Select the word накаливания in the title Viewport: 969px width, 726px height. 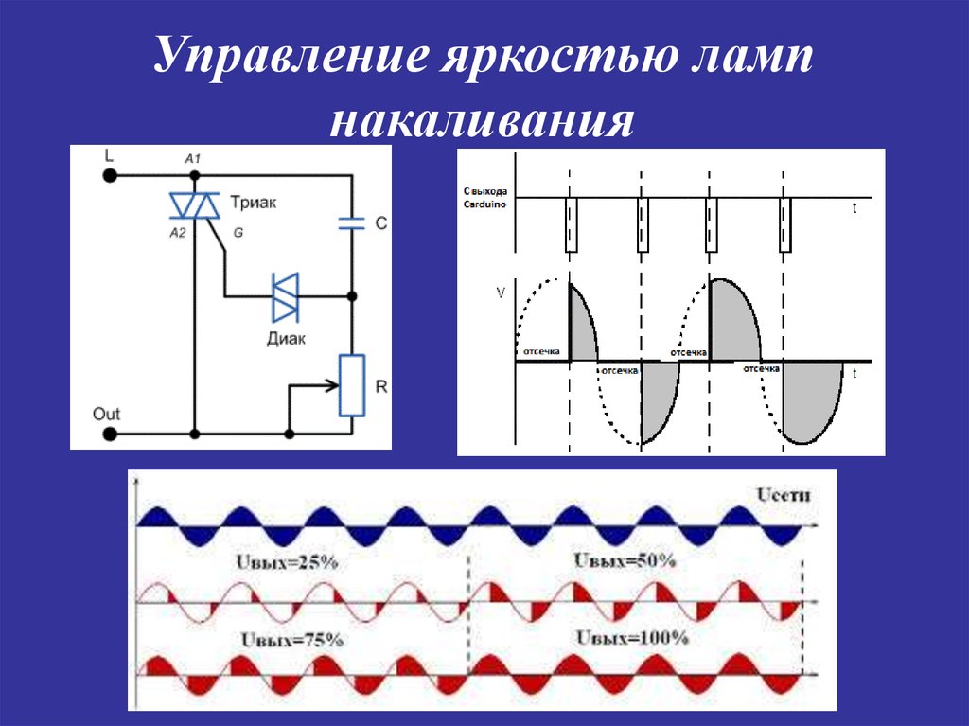click(483, 122)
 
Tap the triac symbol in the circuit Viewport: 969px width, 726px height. click(194, 203)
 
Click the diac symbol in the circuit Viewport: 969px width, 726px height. click(286, 297)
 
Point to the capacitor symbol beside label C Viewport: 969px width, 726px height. click(352, 223)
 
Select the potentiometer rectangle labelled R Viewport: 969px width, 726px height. click(351, 386)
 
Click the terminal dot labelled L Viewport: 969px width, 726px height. click(111, 175)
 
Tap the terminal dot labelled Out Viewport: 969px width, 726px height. click(111, 434)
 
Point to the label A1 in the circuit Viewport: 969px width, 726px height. click(193, 159)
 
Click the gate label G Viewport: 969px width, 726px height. click(237, 232)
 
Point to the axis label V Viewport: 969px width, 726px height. click(501, 294)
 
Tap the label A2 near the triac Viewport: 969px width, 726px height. click(178, 232)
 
